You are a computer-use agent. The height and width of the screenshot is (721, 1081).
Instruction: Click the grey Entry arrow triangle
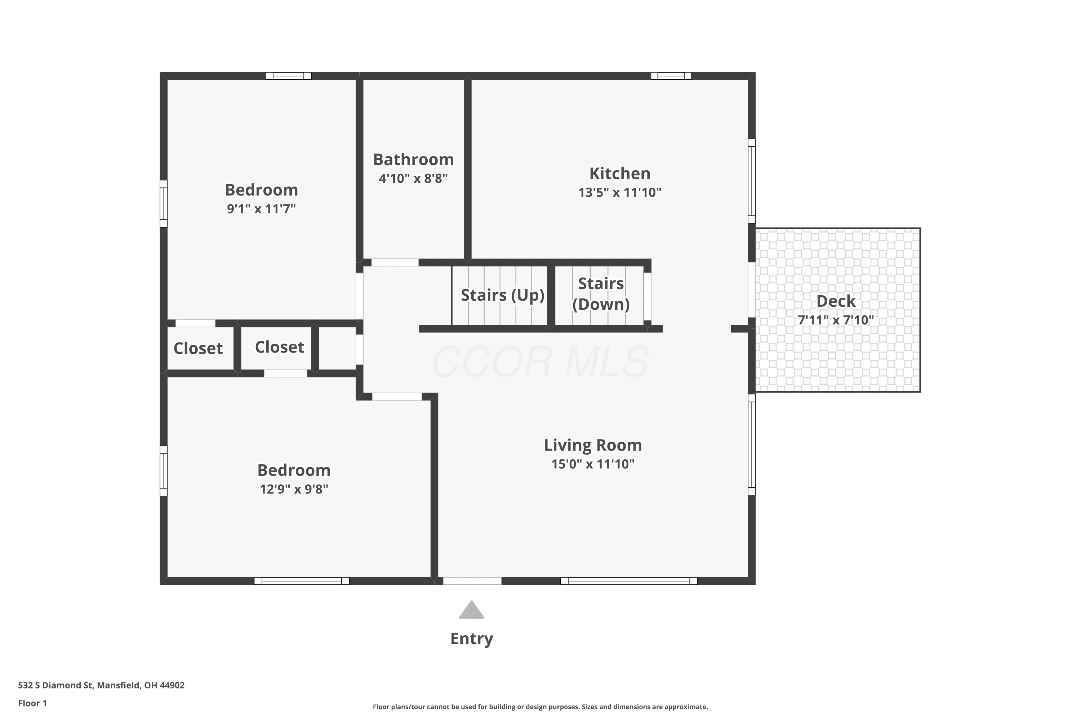472,610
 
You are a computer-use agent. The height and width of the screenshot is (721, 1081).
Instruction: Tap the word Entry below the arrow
472,639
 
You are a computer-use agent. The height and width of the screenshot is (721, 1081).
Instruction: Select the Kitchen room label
619,173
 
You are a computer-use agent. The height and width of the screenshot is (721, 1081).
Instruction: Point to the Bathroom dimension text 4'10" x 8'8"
413,178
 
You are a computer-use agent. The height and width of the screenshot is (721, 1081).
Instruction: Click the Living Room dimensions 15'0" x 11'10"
593,464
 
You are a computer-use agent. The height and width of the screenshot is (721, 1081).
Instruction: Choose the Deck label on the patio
836,301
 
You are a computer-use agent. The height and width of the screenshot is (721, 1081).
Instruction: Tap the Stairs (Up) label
502,295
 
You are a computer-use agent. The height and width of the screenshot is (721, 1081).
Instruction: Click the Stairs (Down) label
601,294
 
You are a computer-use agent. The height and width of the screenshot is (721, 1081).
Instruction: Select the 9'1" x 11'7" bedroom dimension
261,209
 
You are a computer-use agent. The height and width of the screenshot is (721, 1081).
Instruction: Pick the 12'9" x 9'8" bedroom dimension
294,489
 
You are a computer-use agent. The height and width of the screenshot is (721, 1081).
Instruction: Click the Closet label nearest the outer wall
198,349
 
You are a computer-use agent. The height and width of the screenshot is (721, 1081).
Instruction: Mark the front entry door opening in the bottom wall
472,581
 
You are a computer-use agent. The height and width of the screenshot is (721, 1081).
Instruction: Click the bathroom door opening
395,262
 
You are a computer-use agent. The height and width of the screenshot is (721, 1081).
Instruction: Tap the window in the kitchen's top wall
671,76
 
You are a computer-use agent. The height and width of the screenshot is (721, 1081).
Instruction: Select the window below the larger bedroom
302,581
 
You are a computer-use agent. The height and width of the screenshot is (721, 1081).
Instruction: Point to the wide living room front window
629,581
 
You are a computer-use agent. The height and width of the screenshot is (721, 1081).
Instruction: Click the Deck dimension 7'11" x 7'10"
836,320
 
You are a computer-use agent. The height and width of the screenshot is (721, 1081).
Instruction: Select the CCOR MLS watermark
540,362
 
